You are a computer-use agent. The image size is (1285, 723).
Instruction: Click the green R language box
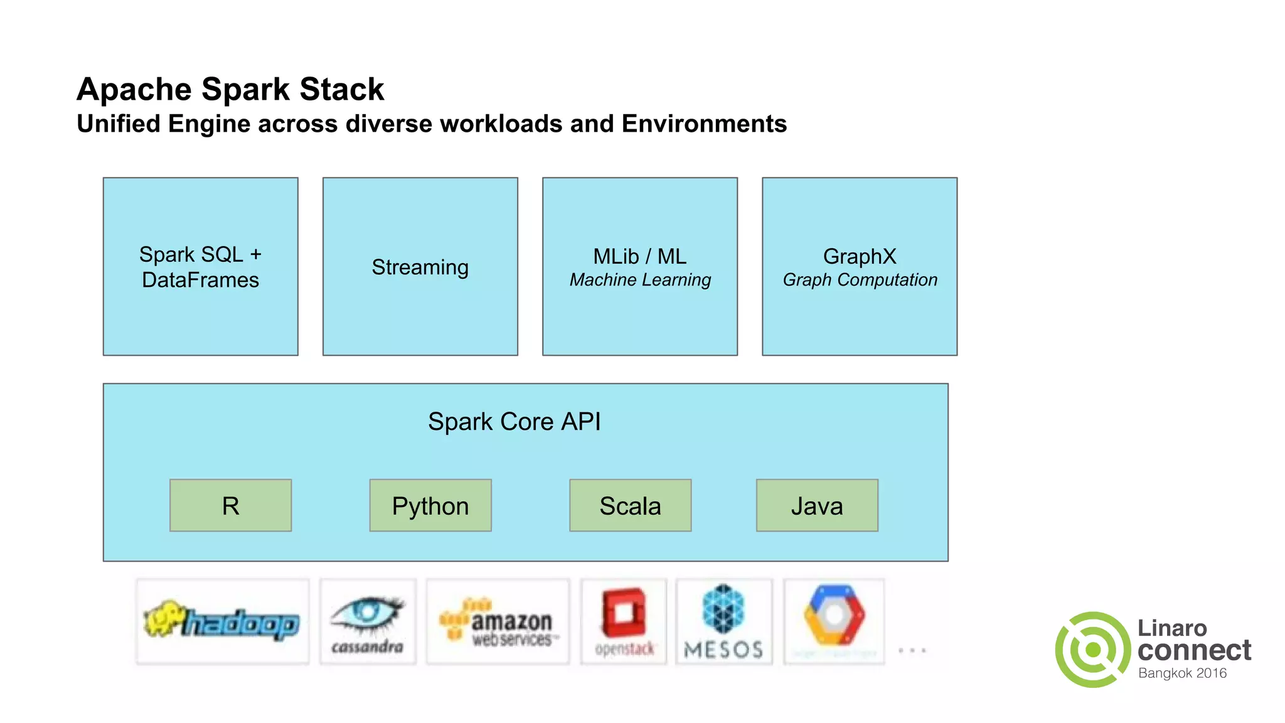point(230,506)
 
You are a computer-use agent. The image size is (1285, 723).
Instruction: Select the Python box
point(430,506)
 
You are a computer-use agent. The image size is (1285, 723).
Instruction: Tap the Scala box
point(630,506)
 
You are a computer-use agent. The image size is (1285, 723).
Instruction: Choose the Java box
point(817,506)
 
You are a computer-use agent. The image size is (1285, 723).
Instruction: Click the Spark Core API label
point(514,422)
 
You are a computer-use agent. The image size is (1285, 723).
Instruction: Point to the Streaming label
point(420,267)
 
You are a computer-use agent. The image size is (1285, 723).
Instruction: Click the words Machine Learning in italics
point(640,280)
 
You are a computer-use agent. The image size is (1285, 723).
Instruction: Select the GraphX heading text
point(859,256)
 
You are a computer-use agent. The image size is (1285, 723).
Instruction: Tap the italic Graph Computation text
point(860,280)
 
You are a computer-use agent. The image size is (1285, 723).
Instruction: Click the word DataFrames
point(200,280)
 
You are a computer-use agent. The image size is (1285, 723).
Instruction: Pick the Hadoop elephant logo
point(222,621)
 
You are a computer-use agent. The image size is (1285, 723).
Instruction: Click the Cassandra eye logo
point(368,621)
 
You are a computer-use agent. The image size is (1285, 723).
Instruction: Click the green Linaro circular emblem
point(1093,650)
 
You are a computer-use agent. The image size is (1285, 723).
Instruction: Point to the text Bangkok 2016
point(1182,673)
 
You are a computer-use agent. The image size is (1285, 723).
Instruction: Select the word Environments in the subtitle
point(703,124)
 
